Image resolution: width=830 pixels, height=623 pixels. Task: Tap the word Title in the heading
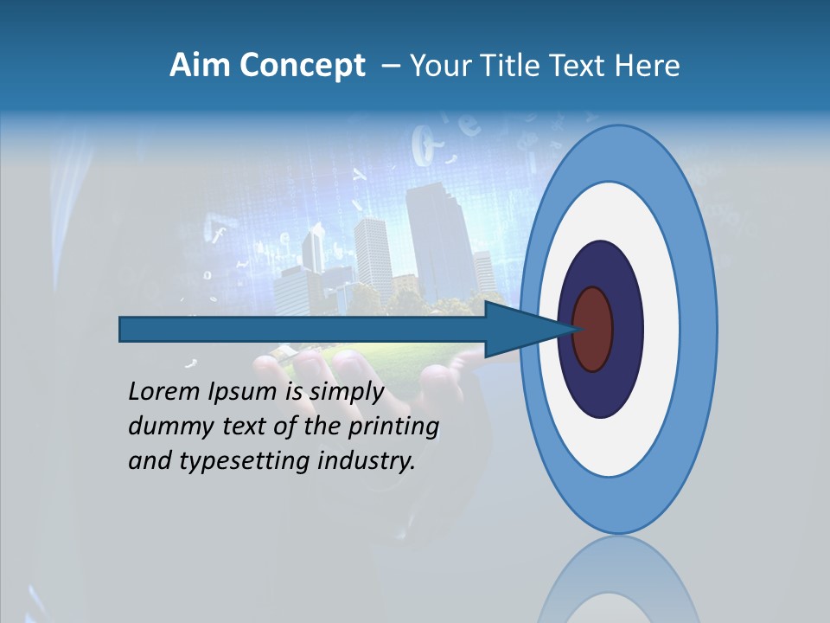(x=519, y=66)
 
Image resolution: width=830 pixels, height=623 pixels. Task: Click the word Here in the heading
(x=648, y=66)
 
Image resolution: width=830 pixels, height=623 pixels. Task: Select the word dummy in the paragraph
(x=163, y=427)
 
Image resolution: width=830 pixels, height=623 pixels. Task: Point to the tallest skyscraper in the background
(x=437, y=234)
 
